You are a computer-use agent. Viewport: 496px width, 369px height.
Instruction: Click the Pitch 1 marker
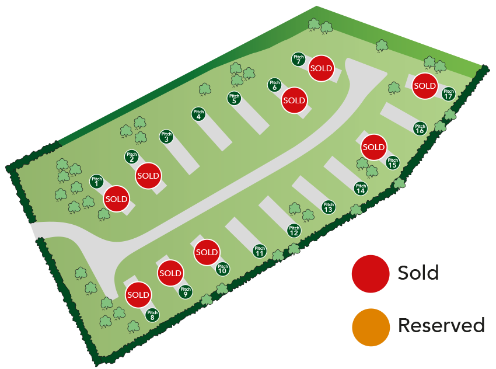97,182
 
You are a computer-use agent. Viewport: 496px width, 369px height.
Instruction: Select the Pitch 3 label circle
166,137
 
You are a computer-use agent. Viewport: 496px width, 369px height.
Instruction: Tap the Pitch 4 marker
199,114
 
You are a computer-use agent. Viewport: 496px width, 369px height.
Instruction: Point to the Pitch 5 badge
234,99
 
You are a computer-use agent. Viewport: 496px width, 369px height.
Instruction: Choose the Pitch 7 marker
298,60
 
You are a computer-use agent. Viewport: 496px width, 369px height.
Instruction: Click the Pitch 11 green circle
260,252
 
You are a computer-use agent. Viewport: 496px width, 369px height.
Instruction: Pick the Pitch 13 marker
329,207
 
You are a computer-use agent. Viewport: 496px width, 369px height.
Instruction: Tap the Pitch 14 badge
361,189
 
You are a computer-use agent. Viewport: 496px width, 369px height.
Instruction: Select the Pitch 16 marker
420,128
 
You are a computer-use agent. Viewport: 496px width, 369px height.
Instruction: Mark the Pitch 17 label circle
448,93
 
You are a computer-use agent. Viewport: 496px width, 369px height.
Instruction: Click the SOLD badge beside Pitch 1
116,199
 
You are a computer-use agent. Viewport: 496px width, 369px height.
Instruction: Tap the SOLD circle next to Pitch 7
321,69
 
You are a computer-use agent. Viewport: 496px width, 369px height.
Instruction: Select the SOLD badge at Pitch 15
373,147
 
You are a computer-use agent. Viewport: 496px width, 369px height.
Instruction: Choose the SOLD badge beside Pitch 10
206,252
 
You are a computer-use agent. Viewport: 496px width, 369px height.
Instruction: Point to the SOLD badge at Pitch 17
425,86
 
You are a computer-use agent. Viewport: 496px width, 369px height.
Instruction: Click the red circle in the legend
371,273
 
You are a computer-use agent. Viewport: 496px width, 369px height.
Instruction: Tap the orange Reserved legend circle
371,326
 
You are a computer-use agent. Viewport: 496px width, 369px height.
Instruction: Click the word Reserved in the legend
441,325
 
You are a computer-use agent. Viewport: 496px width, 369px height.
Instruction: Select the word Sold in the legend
418,273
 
